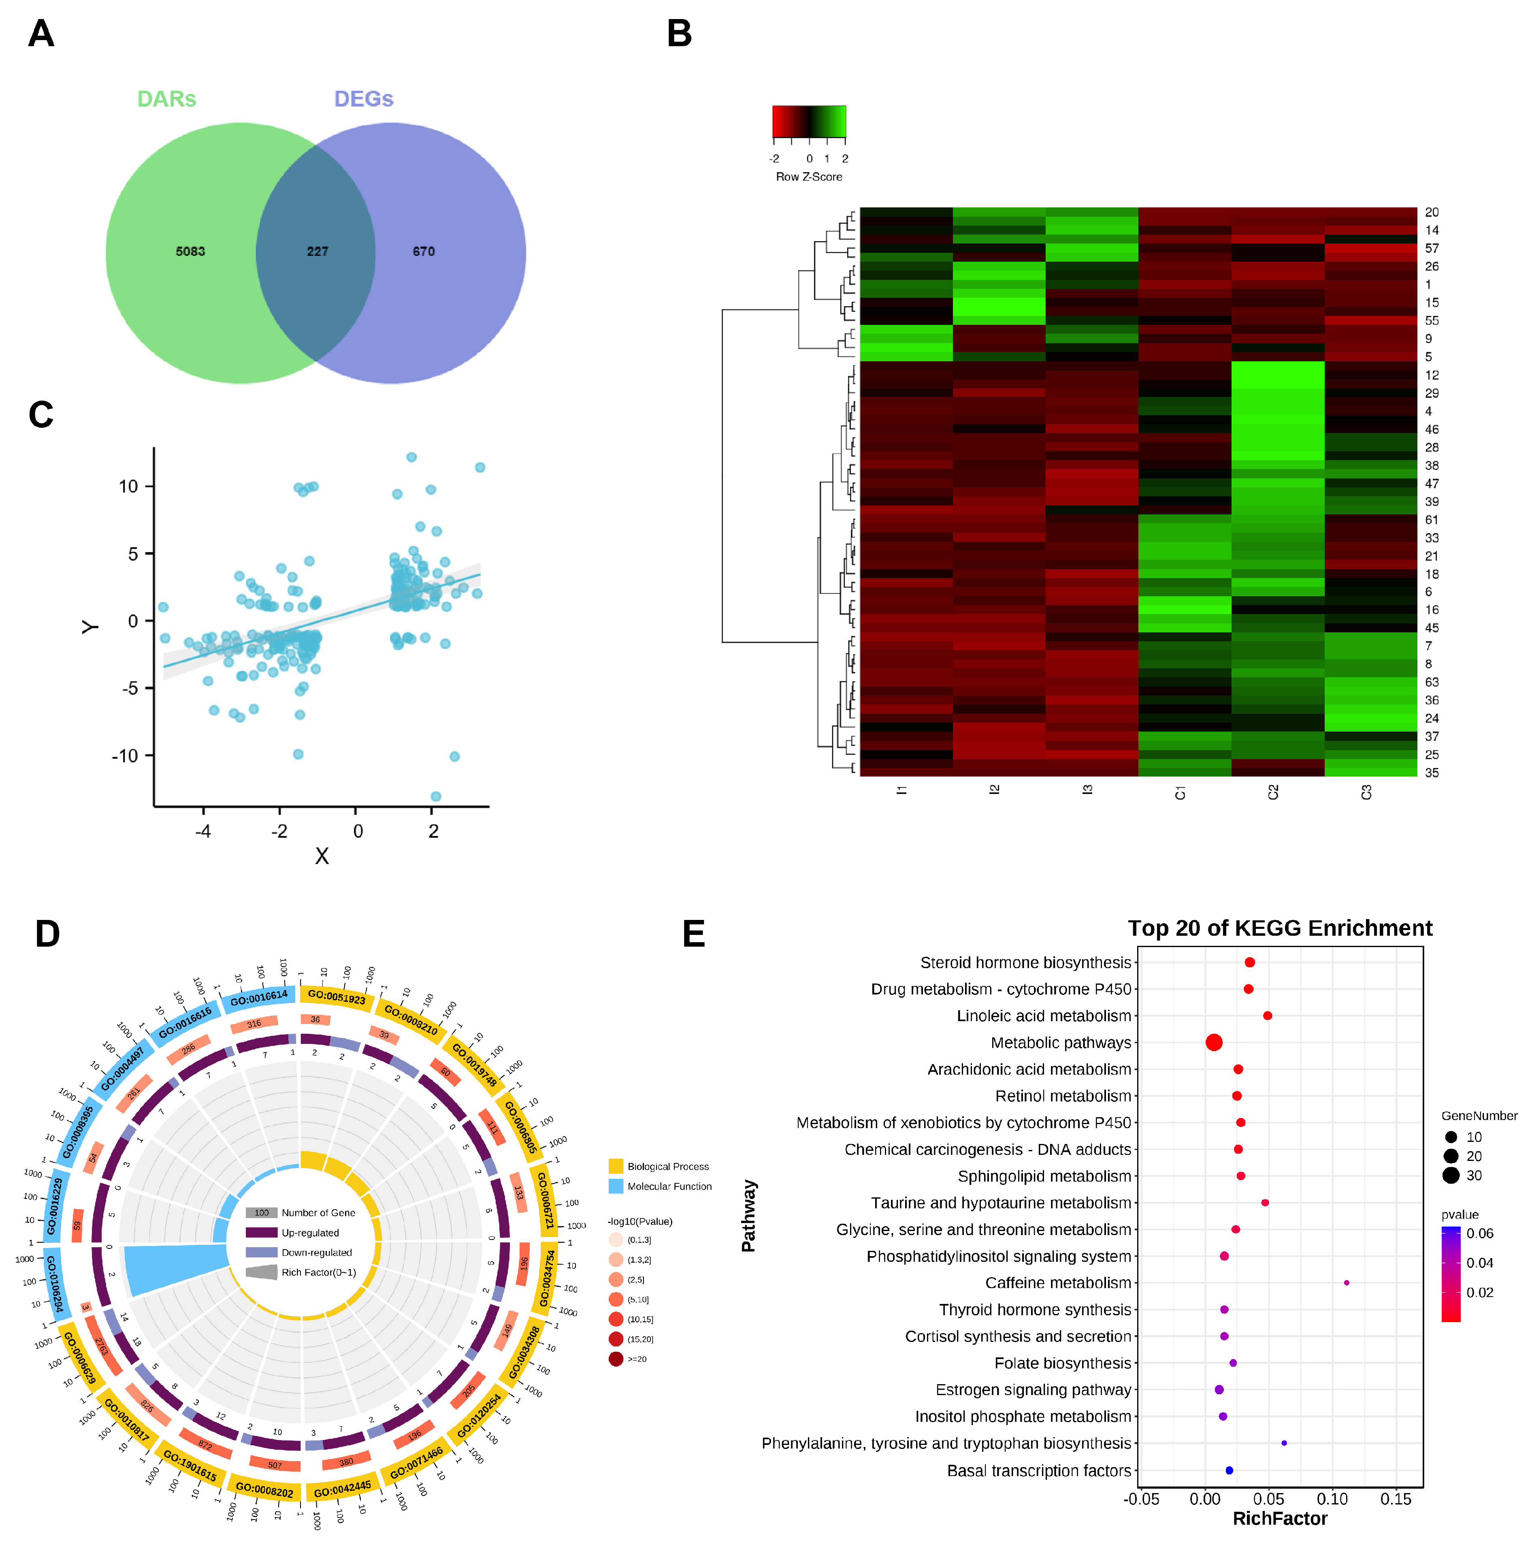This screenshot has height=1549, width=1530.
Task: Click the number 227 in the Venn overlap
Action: (318, 252)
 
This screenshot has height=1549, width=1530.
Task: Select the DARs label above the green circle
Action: (167, 98)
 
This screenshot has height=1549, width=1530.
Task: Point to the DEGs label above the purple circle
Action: (363, 98)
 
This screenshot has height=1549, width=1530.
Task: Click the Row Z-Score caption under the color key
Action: (809, 176)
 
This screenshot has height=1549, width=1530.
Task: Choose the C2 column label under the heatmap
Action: (1274, 792)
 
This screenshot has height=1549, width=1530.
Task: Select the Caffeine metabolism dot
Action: (1347, 1283)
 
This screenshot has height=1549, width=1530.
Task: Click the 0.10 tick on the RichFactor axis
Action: (1332, 1499)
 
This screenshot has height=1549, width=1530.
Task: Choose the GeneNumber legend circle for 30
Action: (1451, 1176)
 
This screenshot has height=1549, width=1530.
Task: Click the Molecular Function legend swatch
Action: (616, 1186)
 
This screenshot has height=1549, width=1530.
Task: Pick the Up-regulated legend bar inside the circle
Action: (261, 1232)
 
